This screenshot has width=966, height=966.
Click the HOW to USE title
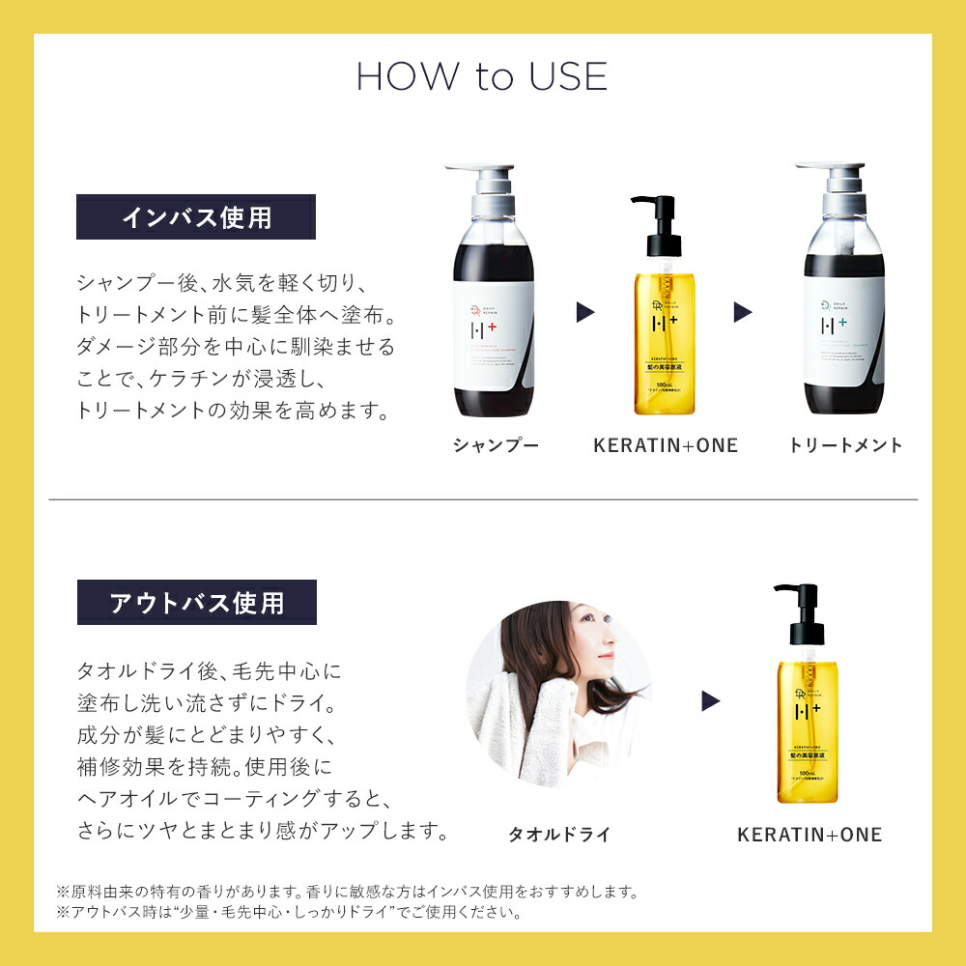point(482,77)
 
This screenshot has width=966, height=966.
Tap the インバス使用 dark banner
point(196,217)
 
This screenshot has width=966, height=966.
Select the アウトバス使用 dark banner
point(196,603)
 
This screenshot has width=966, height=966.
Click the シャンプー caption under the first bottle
point(496,445)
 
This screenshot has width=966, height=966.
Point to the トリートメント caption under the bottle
point(845,445)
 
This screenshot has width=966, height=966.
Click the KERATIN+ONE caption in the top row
point(665,445)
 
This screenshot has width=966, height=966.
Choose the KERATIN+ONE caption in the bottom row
point(810,835)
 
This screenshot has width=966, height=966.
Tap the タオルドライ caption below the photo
point(560,835)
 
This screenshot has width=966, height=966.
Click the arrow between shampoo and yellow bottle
point(585,312)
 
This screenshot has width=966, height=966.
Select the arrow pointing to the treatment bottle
point(742,312)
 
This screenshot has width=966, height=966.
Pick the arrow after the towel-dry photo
point(711,700)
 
